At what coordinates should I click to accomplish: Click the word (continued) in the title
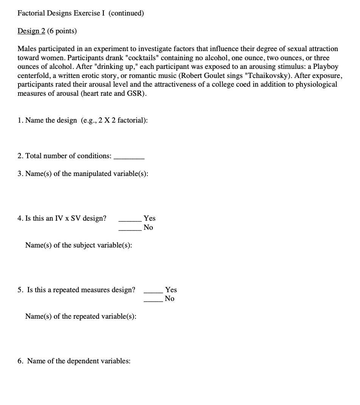coord(126,13)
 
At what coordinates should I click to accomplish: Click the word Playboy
coord(325,67)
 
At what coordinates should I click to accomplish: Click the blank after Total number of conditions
coord(129,156)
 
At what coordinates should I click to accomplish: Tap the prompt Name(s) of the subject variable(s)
coord(79,245)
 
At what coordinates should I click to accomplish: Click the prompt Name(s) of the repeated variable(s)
coord(81,316)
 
